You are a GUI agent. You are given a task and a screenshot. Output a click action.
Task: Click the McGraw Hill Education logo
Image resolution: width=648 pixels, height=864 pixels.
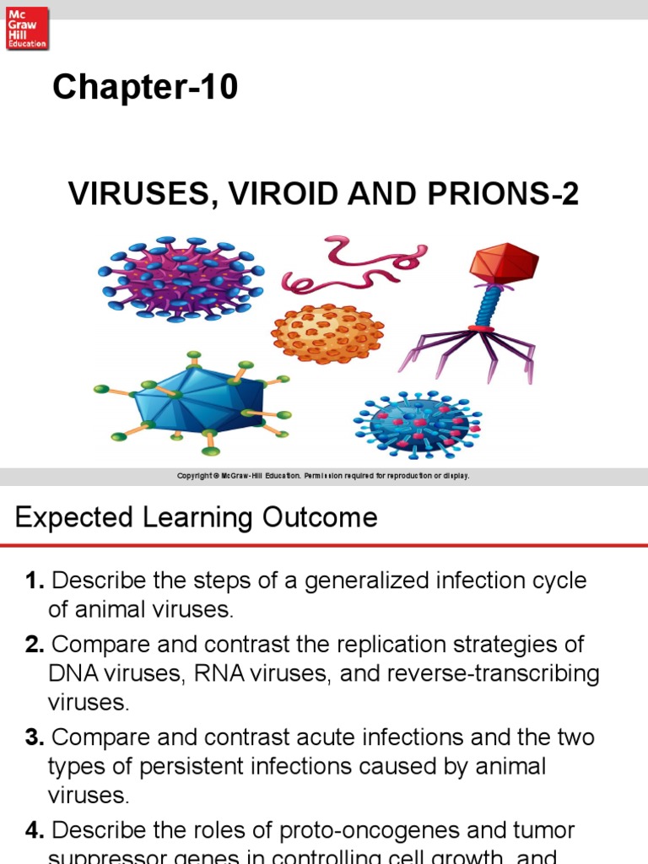coord(27,28)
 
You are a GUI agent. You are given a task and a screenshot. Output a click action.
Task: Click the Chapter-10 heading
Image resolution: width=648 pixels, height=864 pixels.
coord(145,88)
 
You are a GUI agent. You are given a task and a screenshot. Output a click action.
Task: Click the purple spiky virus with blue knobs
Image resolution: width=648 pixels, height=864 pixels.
coord(181,278)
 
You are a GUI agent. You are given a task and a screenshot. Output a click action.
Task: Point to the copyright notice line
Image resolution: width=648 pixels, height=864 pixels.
coord(323,476)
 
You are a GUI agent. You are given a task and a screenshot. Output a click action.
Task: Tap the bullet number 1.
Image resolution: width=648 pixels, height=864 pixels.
coord(35,581)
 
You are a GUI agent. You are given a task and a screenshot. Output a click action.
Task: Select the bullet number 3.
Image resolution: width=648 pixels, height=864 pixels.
coord(35,737)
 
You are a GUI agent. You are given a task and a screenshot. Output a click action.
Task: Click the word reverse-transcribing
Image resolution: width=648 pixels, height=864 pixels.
coord(478,674)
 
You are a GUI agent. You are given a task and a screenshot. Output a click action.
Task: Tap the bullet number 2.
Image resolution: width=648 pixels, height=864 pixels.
coord(35,645)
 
